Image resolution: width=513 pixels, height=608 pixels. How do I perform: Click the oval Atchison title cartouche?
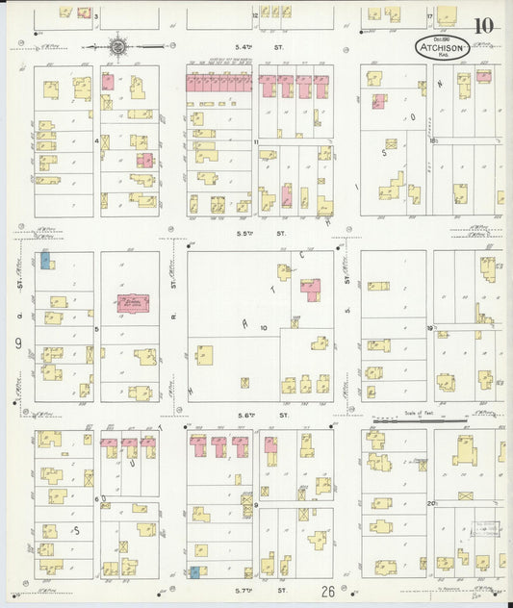tap(443, 45)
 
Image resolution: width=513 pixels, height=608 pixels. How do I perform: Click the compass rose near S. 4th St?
tap(117, 45)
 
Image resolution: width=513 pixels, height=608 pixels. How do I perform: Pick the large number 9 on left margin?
tap(17, 342)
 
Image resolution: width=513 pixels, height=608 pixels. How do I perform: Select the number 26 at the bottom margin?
tap(328, 592)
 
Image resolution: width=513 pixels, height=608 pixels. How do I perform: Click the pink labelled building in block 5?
tap(133, 304)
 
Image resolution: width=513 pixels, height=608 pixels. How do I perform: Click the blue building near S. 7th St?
tap(195, 572)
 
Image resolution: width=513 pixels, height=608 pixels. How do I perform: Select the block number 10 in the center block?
tap(263, 328)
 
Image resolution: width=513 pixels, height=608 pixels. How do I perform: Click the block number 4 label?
tap(96, 140)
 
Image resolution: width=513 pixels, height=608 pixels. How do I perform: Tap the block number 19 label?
tap(430, 328)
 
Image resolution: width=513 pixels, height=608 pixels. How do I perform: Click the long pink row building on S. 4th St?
tap(219, 85)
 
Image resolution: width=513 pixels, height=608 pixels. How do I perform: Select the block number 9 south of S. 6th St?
tap(256, 503)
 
